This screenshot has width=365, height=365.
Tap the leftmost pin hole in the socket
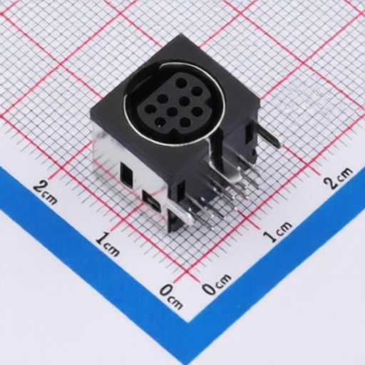coord(150,110)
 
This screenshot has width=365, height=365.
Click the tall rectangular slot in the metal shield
coord(126,174)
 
